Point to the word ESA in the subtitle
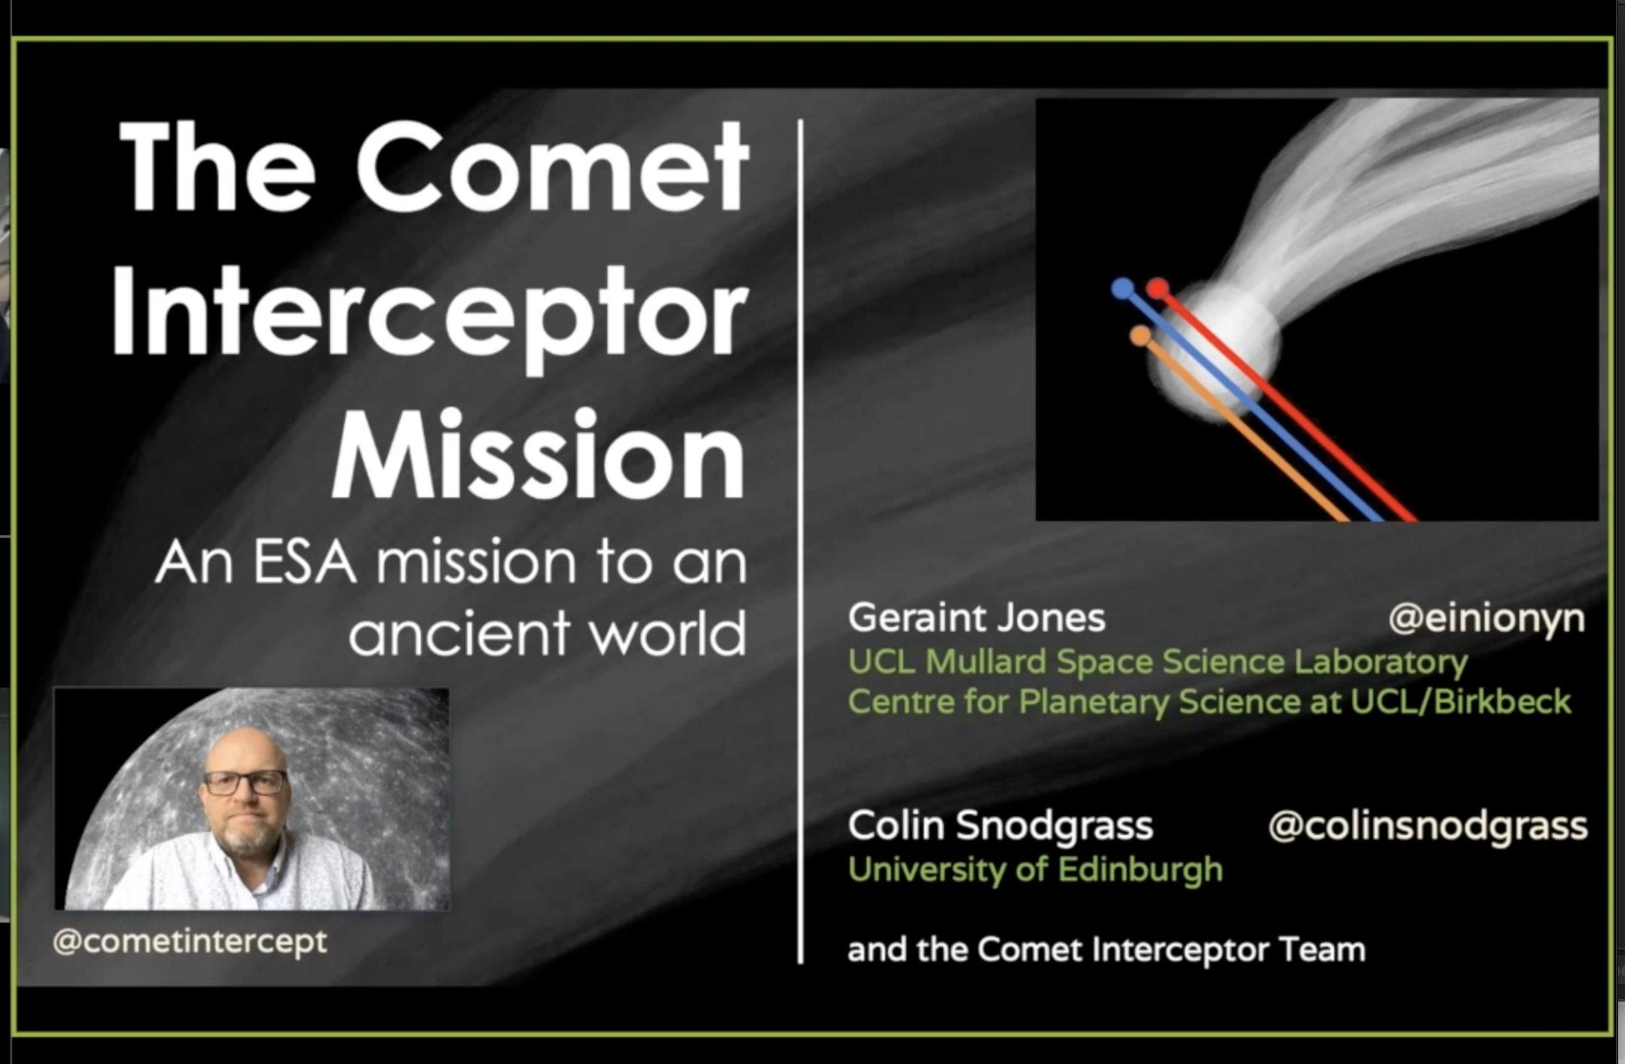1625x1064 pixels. click(x=304, y=562)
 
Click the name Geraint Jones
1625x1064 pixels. click(x=976, y=618)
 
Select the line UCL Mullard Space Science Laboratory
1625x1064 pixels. click(x=1158, y=662)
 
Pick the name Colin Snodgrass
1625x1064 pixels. click(x=1000, y=826)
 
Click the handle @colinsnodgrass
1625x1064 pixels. click(x=1428, y=826)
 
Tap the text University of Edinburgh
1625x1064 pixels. click(x=1035, y=870)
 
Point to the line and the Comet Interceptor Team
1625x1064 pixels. click(x=1106, y=949)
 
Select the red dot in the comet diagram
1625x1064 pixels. click(x=1158, y=288)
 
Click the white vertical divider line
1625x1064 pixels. click(x=800, y=541)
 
